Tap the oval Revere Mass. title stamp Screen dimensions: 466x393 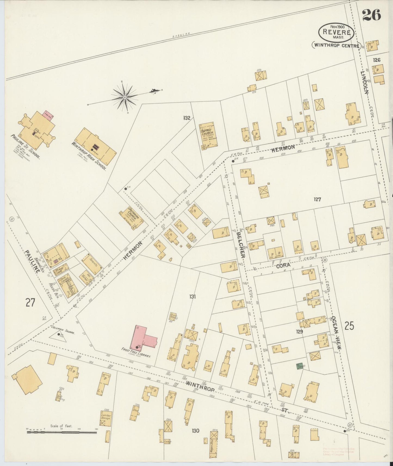[x=337, y=32]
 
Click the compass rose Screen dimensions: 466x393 [x=125, y=97]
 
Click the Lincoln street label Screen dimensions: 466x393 [x=364, y=82]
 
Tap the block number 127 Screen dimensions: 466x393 [x=317, y=199]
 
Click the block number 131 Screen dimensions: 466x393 [x=193, y=296]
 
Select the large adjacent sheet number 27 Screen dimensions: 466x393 [x=30, y=302]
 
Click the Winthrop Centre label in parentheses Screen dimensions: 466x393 [x=336, y=46]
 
